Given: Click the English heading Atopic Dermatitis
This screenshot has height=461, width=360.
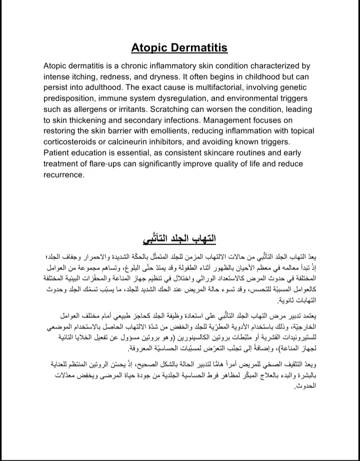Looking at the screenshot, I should tap(179, 48).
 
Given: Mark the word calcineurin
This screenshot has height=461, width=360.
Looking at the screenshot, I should tap(142, 142).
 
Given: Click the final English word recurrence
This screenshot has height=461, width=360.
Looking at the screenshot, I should tap(64, 175).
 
